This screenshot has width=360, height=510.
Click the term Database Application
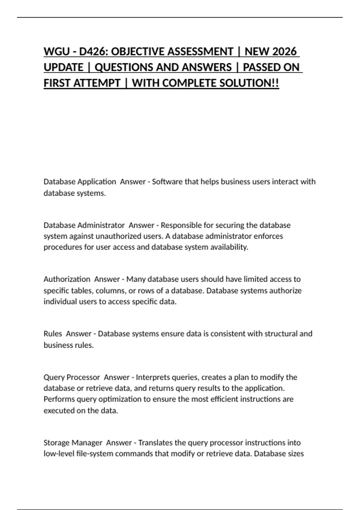79,182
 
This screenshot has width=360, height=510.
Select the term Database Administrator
84,225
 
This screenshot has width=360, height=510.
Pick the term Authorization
67,279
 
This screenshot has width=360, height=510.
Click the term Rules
53,334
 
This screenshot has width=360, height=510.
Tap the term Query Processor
72,377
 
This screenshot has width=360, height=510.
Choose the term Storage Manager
73,443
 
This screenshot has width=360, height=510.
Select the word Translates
155,443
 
